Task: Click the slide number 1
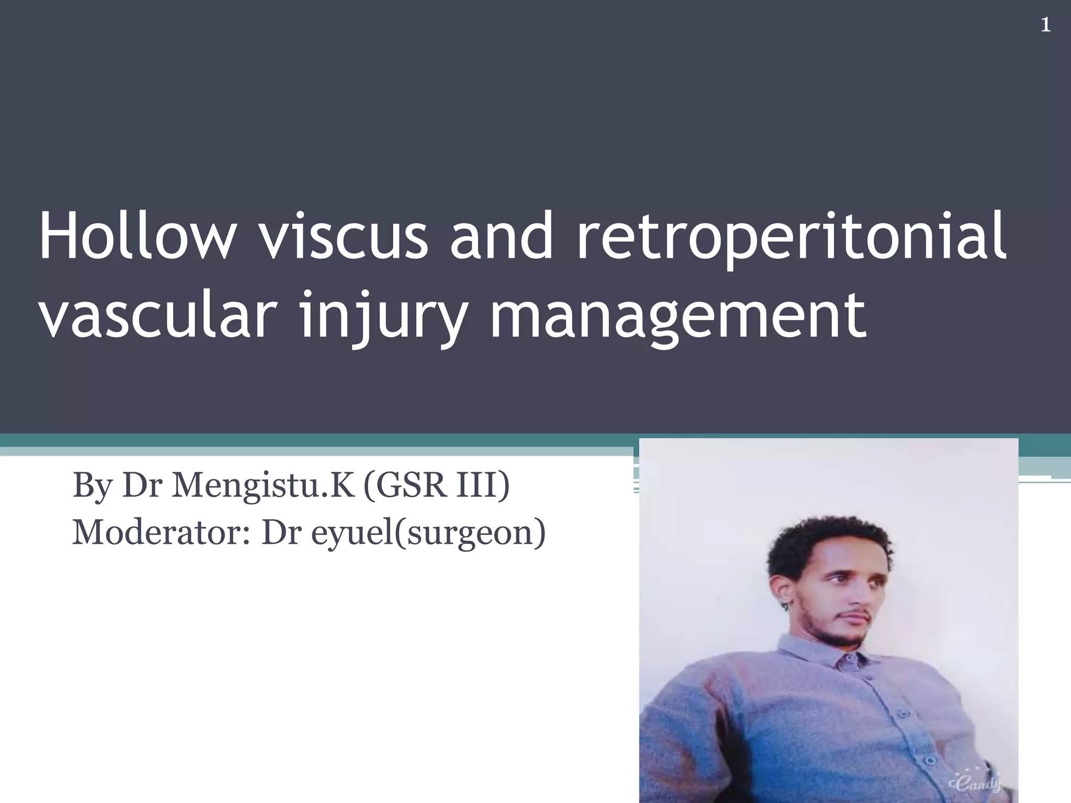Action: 1045,25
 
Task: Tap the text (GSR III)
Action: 436,485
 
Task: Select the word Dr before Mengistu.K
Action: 142,485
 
